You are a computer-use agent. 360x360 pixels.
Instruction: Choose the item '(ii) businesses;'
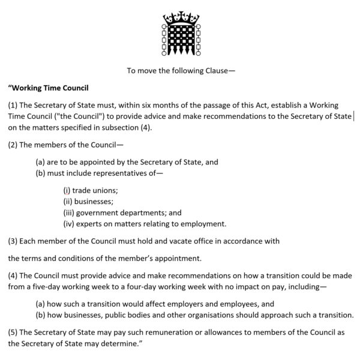click(x=88, y=201)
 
